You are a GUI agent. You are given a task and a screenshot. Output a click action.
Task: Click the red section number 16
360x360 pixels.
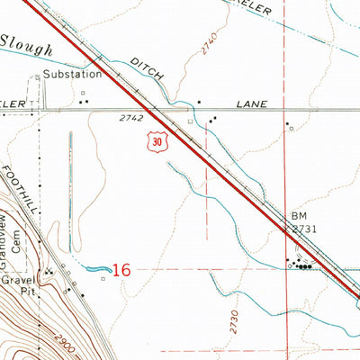(122, 269)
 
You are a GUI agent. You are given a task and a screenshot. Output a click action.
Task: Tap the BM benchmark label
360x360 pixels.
(299, 217)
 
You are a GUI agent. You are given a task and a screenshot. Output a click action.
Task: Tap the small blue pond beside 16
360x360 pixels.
(98, 268)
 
